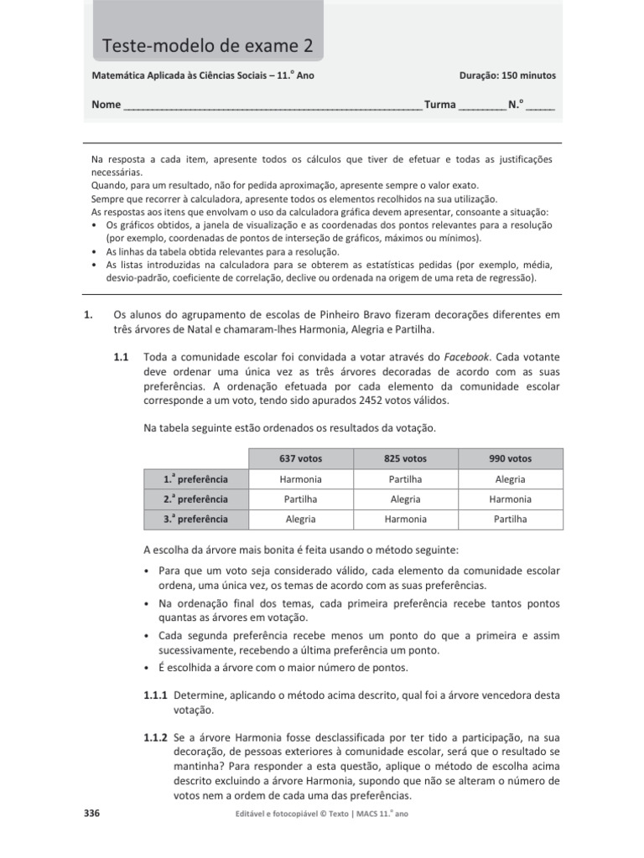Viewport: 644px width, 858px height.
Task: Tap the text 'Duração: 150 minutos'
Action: point(507,75)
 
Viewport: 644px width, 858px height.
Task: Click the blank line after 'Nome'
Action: point(273,107)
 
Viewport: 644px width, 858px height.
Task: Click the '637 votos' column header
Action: point(300,458)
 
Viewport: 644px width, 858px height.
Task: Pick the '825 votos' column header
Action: point(405,458)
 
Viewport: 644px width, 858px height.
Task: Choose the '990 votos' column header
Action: point(510,458)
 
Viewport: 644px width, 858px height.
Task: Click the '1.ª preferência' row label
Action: point(196,479)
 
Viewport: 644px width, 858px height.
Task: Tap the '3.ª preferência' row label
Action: point(196,519)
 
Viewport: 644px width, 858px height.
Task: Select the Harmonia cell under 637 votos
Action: point(300,479)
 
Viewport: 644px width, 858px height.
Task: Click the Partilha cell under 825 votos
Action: point(405,479)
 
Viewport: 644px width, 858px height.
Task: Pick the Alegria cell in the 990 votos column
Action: point(510,479)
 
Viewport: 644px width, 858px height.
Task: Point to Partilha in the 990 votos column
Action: point(510,519)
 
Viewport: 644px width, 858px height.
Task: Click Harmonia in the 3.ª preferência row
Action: point(405,519)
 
